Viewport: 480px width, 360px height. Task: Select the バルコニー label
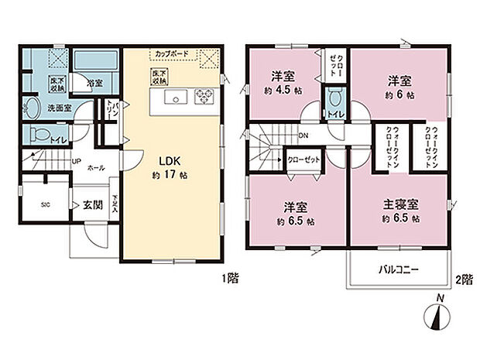pyautogui.click(x=398, y=271)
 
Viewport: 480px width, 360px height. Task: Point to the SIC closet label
pyautogui.click(x=45, y=205)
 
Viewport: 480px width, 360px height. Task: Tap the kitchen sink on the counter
pyautogui.click(x=174, y=98)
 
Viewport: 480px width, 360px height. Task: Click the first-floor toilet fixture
pyautogui.click(x=36, y=135)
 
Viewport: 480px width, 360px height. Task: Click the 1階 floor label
pyautogui.click(x=228, y=277)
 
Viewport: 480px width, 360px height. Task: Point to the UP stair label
pyautogui.click(x=76, y=161)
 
